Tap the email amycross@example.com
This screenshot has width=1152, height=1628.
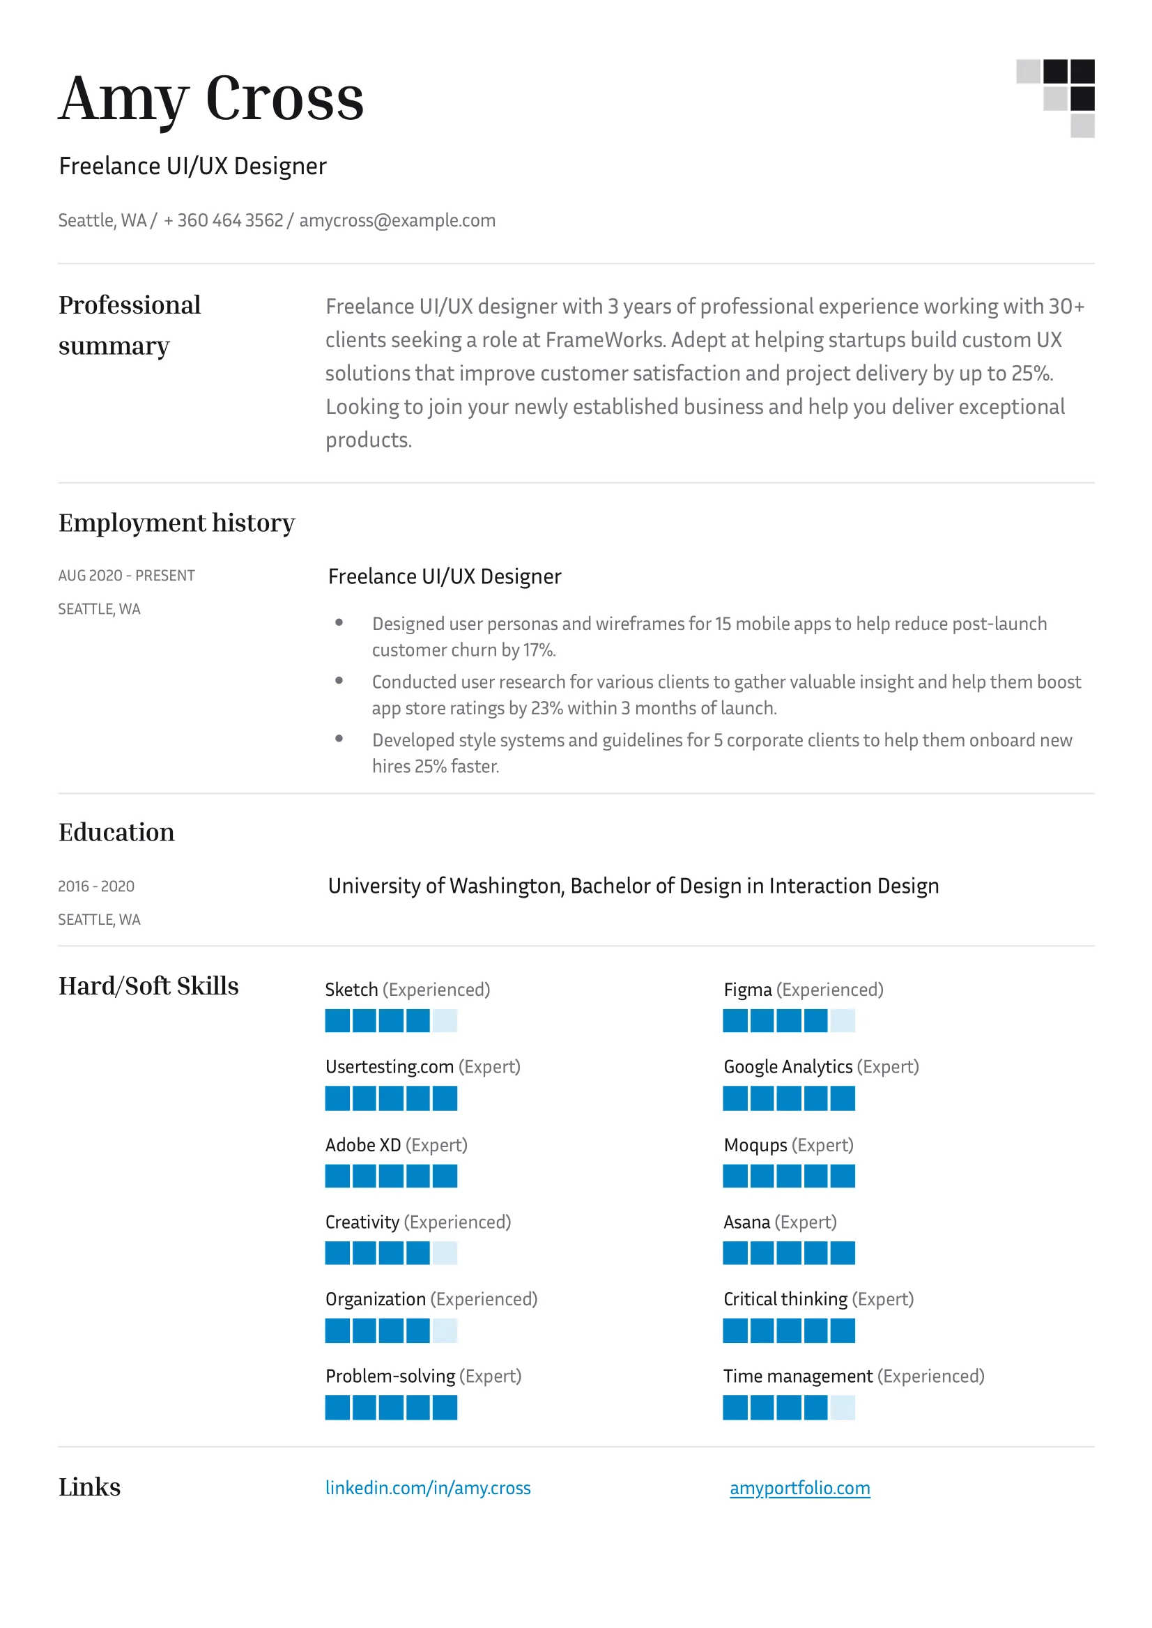[397, 221]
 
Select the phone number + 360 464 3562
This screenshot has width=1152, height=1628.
[224, 221]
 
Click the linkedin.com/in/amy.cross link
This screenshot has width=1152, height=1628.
[428, 1487]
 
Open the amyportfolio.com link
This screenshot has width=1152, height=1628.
[799, 1487]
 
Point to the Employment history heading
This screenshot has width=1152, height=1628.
[176, 523]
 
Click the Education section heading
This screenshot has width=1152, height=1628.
[116, 832]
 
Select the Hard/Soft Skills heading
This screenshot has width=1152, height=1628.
[148, 986]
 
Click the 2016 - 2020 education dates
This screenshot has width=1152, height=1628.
[96, 886]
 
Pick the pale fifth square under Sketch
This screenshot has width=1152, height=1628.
[445, 1021]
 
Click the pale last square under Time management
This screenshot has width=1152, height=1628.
[843, 1407]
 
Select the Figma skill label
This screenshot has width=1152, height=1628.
[748, 990]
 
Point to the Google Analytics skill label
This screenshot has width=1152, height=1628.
[788, 1067]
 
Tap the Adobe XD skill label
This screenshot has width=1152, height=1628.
[363, 1145]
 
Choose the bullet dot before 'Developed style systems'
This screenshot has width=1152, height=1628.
[339, 739]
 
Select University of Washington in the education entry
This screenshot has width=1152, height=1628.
[445, 886]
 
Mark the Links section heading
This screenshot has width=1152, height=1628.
[89, 1487]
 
